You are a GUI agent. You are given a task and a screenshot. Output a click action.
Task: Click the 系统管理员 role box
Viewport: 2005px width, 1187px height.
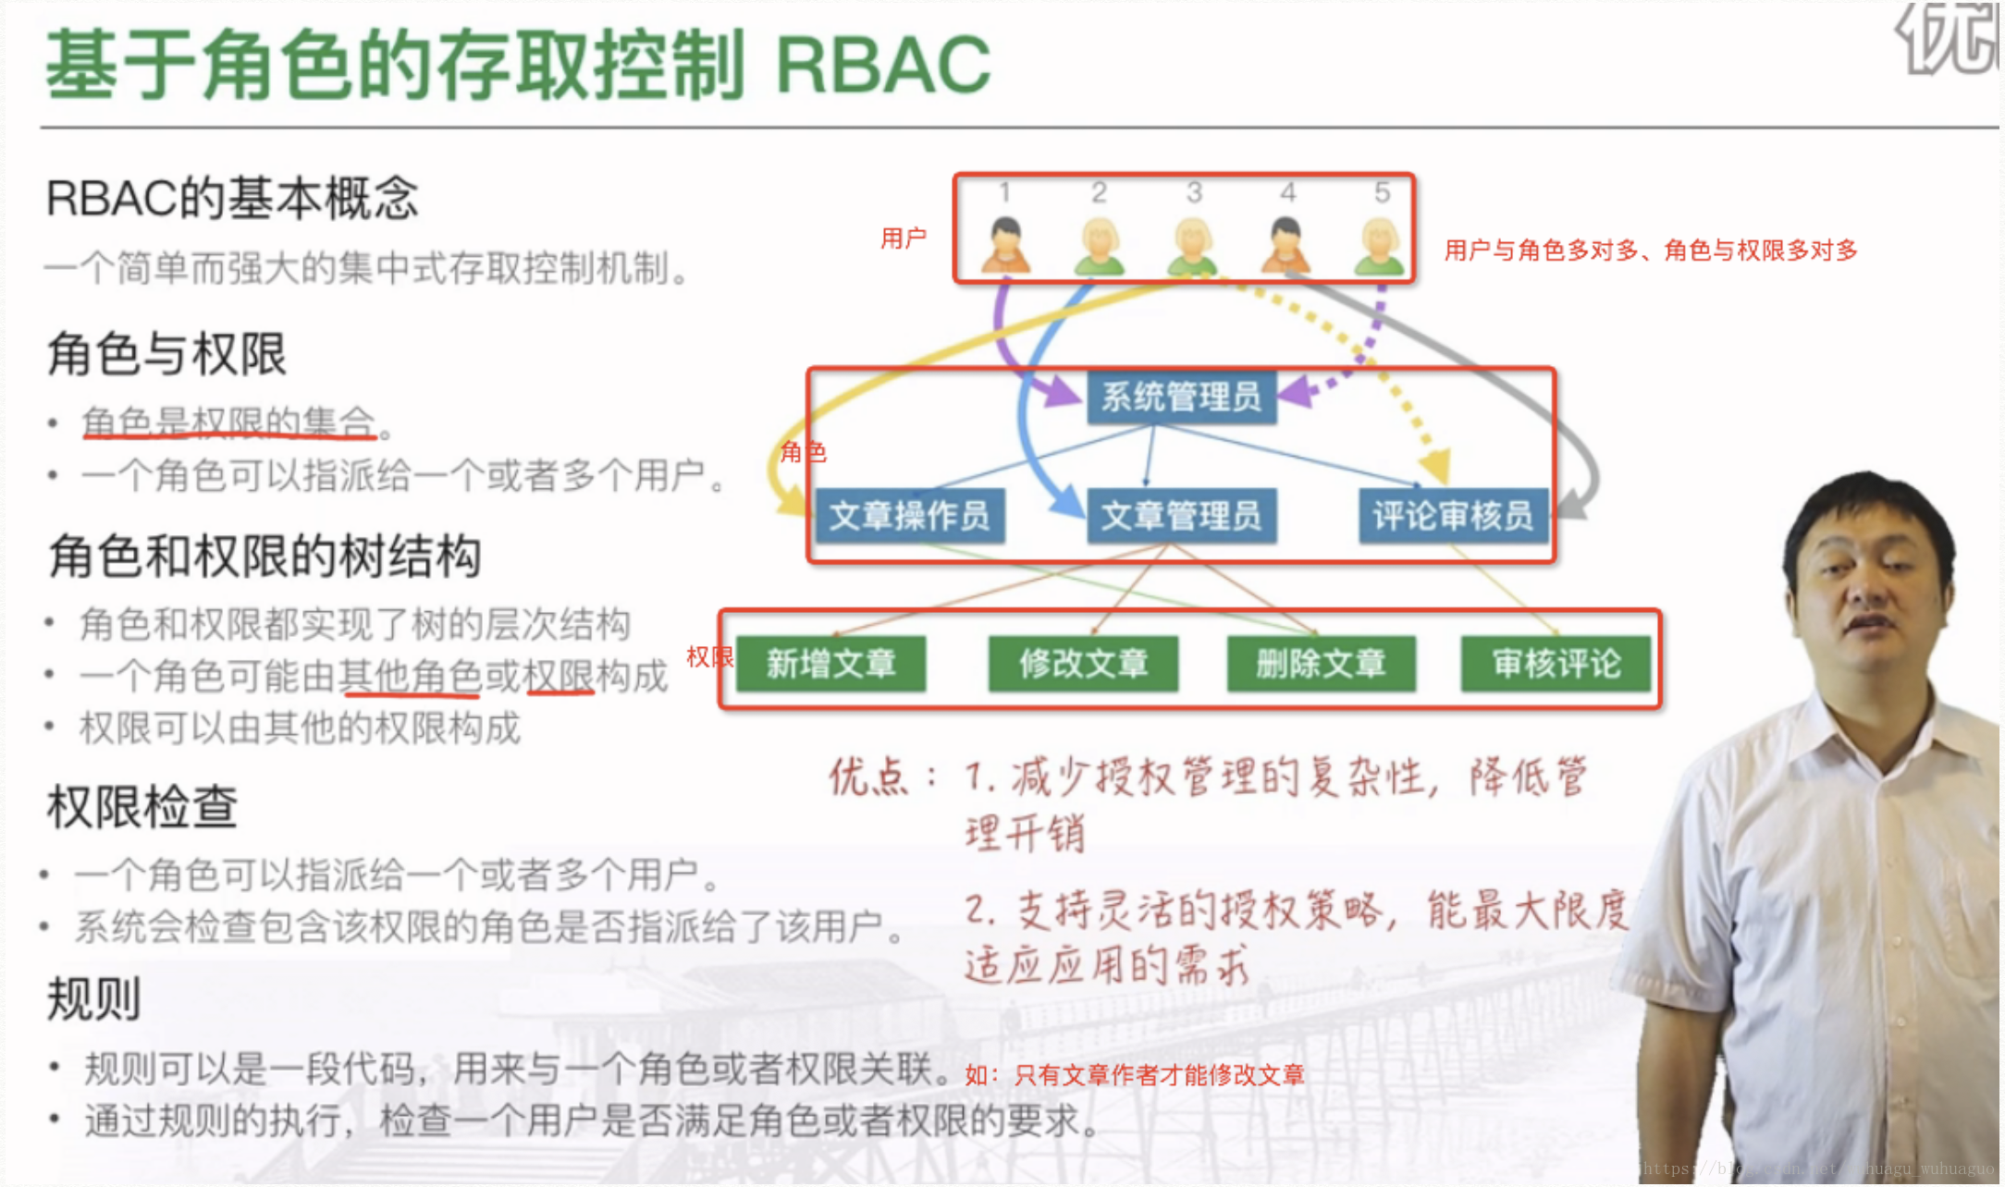coord(1181,398)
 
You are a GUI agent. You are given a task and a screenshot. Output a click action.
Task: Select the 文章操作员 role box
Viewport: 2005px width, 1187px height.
coord(909,516)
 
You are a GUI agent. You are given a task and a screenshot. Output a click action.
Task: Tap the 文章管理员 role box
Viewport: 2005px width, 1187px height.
coord(1181,516)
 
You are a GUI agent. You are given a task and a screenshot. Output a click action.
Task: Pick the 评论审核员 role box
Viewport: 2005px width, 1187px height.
coord(1452,516)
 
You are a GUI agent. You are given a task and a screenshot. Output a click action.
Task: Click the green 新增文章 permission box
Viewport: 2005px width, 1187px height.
coord(830,664)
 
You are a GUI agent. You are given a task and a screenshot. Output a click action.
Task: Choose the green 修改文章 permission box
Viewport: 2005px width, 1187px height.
coord(1083,664)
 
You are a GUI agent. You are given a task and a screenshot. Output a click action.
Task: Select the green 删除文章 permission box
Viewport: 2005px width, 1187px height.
coord(1321,664)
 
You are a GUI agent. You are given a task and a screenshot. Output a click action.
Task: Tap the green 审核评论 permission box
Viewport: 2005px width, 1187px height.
coord(1556,664)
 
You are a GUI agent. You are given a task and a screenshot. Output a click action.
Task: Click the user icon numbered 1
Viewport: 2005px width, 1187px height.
coord(1005,245)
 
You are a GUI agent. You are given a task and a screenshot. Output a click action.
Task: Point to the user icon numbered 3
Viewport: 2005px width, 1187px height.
coord(1193,245)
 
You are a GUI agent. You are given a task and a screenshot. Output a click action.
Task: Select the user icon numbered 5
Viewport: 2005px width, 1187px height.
coord(1379,245)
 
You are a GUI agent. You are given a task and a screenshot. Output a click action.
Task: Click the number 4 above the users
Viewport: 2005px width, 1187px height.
coord(1287,192)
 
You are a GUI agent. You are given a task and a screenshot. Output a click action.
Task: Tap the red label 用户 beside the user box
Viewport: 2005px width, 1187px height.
coord(903,239)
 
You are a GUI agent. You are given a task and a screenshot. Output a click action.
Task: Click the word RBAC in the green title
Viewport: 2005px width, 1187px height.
coord(883,65)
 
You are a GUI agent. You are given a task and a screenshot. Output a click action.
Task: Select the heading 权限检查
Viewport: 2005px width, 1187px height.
coord(142,806)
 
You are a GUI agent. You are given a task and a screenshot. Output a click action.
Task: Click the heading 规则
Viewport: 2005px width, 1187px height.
coord(93,999)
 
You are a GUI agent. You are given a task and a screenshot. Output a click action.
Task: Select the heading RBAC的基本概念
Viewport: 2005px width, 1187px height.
coord(232,199)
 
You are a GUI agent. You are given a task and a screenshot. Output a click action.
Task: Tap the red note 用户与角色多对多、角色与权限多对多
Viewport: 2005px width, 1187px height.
coord(1651,251)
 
